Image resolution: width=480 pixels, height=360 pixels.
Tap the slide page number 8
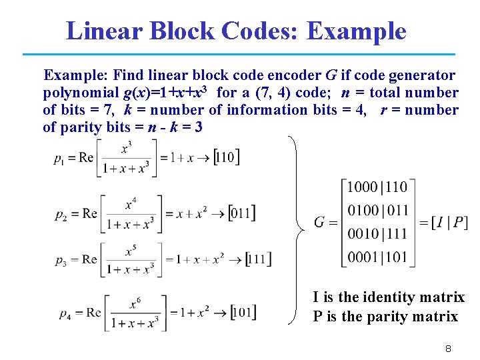pyautogui.click(x=449, y=349)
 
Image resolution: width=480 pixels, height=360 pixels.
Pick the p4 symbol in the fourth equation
pyautogui.click(x=65, y=313)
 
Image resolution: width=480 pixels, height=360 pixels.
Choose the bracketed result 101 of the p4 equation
pyautogui.click(x=243, y=312)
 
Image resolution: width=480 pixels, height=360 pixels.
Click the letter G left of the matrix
pyautogui.click(x=320, y=222)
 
